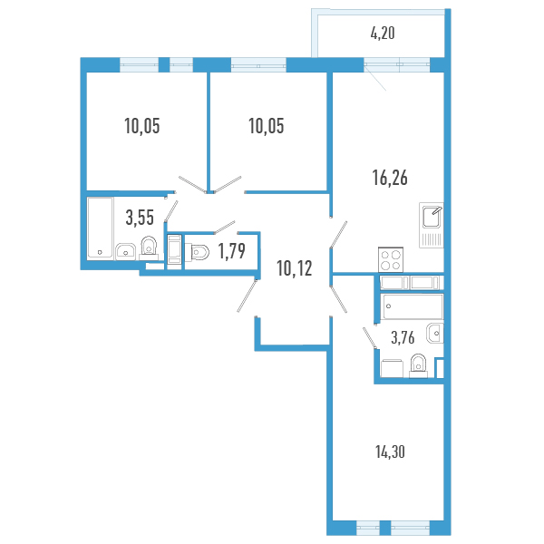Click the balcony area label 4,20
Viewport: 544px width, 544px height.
383,34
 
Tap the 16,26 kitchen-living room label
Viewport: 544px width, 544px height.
390,178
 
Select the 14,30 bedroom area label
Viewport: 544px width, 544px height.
390,452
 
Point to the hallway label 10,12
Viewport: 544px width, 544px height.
294,268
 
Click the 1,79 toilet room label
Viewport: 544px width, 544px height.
232,250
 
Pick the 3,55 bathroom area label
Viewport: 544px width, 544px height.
140,218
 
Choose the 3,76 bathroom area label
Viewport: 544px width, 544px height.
403,337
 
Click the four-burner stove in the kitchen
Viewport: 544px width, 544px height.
391,260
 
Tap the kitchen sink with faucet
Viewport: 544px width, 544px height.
432,225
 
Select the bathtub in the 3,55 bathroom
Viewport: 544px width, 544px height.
101,228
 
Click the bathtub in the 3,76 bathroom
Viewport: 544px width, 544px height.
412,306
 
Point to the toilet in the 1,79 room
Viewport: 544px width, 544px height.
197,252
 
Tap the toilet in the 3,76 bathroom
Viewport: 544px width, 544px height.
418,365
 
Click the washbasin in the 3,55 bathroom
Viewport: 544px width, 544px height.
126,251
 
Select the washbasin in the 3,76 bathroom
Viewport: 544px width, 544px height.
435,334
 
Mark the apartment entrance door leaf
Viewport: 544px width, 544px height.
247,296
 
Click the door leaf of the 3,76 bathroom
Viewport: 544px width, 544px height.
370,338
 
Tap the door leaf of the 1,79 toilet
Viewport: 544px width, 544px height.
225,227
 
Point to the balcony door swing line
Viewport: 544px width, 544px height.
375,79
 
